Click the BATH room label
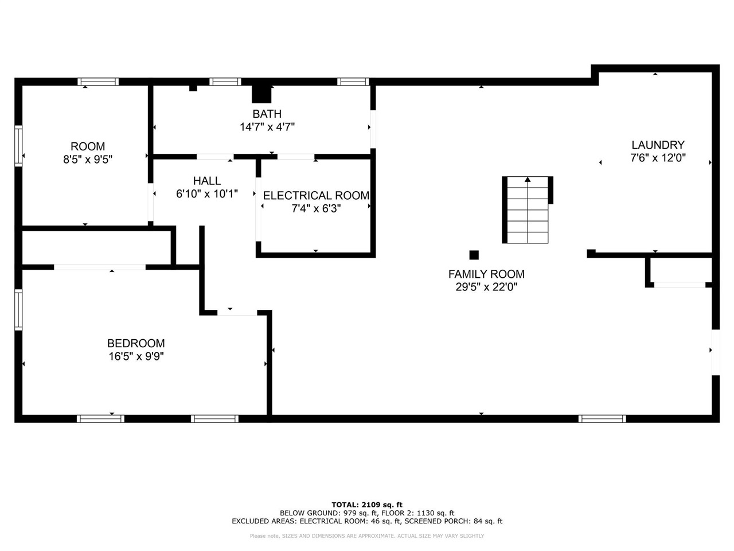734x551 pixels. point(267,114)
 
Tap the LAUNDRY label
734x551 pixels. point(658,145)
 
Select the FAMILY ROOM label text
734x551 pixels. point(486,274)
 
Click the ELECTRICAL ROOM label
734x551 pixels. point(316,195)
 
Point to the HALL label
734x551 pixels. point(207,181)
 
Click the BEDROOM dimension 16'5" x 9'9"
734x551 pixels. point(136,356)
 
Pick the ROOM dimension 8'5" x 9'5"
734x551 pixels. point(88,159)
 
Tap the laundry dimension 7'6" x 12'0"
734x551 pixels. point(658,158)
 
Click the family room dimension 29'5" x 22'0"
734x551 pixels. point(486,287)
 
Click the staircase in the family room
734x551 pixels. point(528,209)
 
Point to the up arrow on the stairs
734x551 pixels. point(528,180)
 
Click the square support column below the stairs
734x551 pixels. point(474,255)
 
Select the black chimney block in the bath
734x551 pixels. point(261,94)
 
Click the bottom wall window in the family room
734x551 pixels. point(602,419)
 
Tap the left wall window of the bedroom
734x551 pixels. point(18,309)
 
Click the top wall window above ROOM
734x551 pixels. point(98,82)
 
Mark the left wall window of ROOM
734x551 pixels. point(18,146)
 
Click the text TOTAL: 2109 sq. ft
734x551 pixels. point(367,505)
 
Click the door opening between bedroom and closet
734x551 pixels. point(100,267)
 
